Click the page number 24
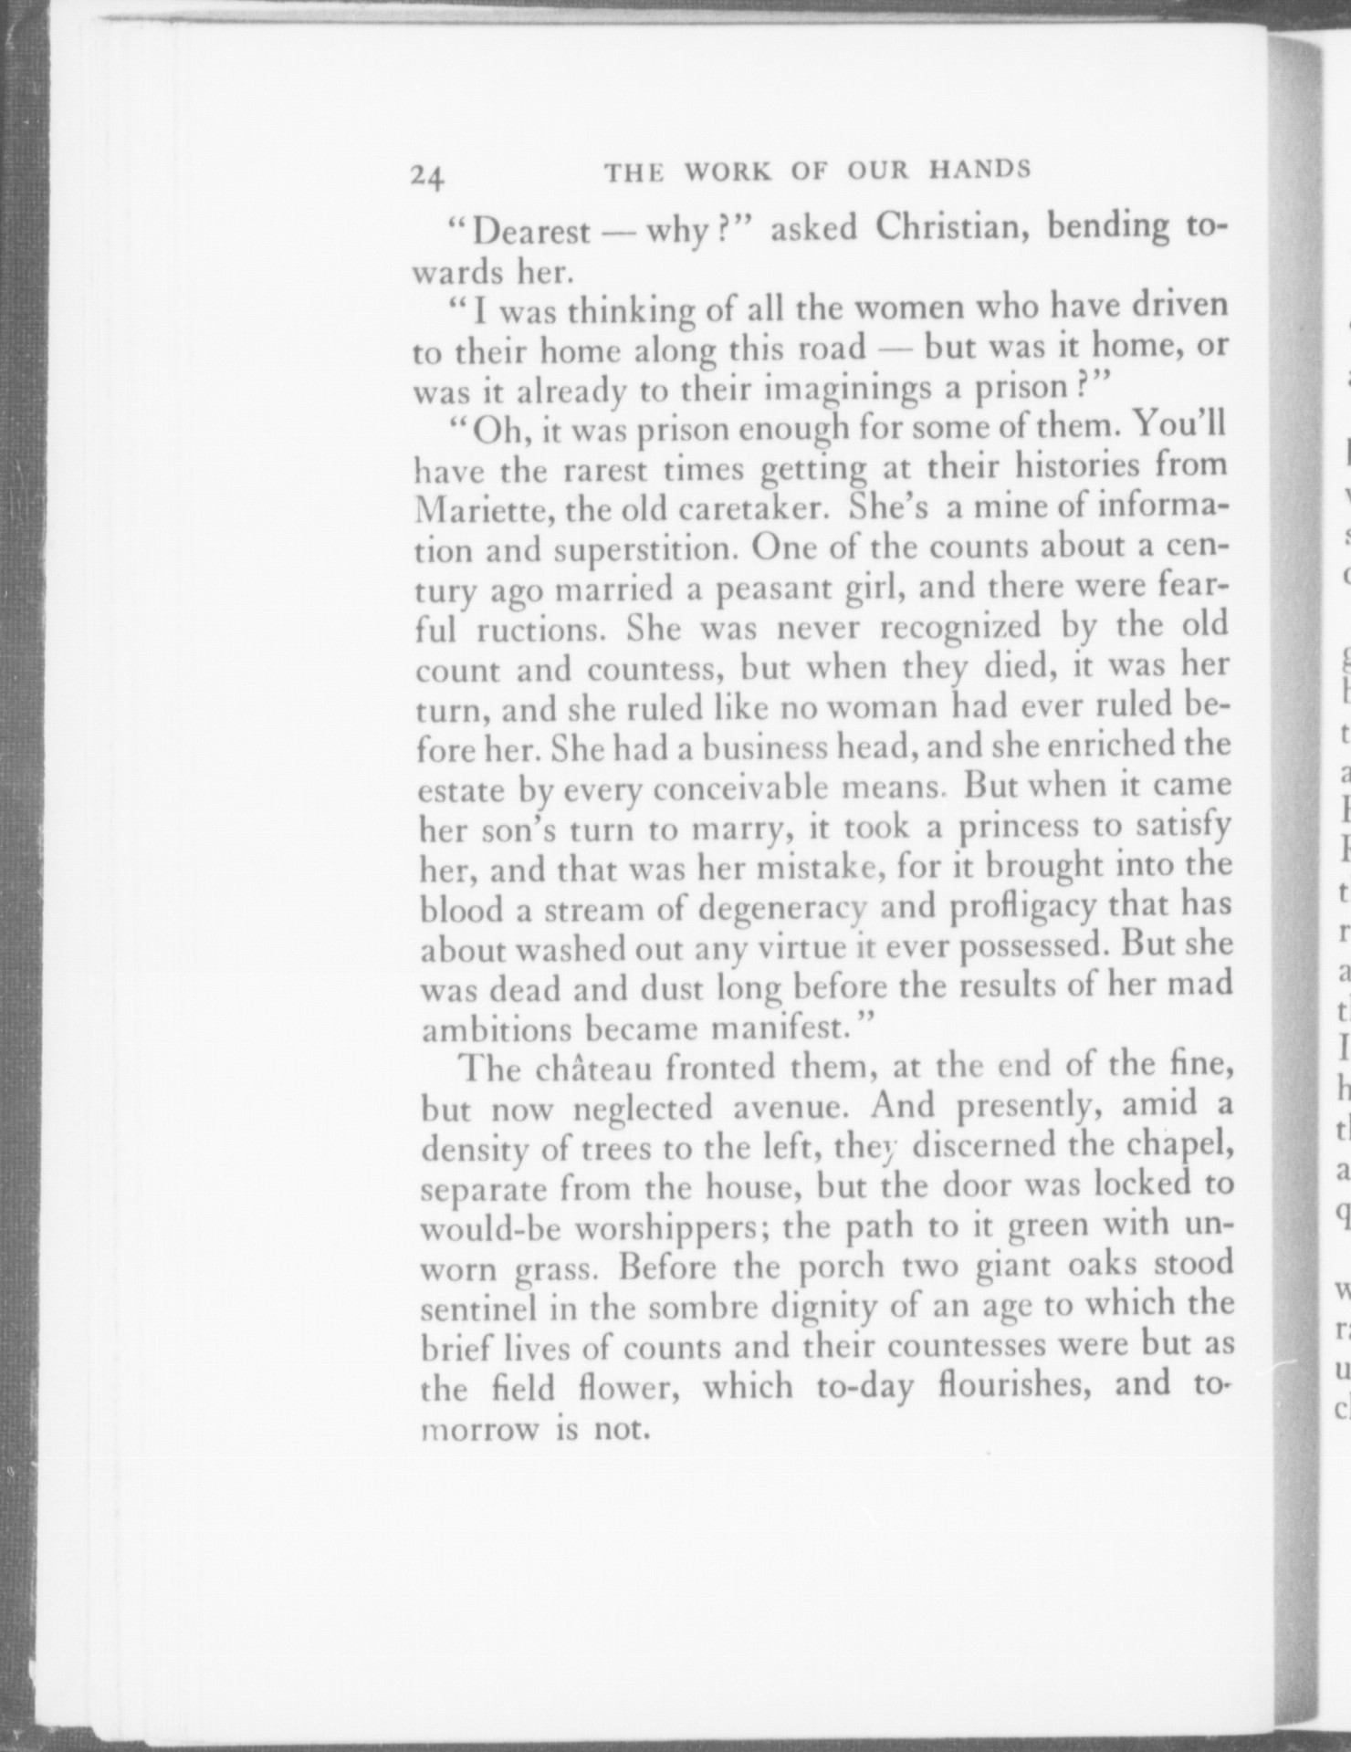426,174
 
